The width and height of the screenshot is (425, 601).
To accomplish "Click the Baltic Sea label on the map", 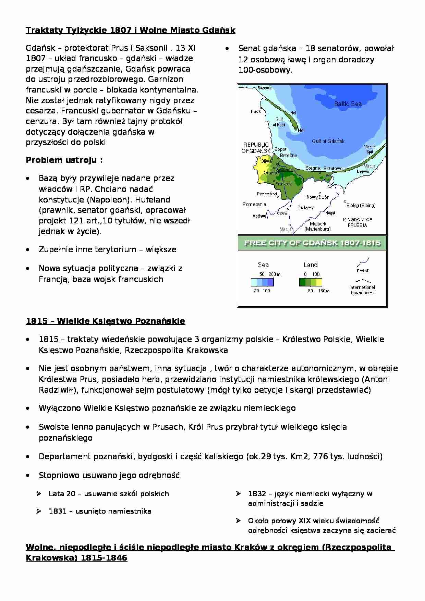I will pyautogui.click(x=348, y=103).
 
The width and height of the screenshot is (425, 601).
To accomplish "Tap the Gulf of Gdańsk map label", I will pyautogui.click(x=328, y=141).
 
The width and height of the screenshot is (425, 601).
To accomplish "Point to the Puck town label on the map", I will pyautogui.click(x=256, y=111).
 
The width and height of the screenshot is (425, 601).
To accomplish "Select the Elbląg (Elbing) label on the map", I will pyautogui.click(x=361, y=205).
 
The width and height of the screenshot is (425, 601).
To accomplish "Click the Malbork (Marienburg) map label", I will pyautogui.click(x=318, y=226).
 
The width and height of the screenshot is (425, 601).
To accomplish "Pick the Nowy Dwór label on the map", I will pyautogui.click(x=317, y=197).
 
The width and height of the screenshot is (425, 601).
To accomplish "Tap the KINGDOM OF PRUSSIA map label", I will pyautogui.click(x=357, y=222).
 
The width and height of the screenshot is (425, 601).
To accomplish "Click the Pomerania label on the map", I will pyautogui.click(x=254, y=204).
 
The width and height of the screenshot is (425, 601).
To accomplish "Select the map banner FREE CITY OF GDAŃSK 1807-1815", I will pyautogui.click(x=312, y=243).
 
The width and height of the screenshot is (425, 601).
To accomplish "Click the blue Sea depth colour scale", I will pyautogui.click(x=262, y=282).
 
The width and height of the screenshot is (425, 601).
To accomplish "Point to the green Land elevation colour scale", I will pyautogui.click(x=310, y=282).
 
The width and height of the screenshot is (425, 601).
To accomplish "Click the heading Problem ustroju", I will pyautogui.click(x=64, y=160).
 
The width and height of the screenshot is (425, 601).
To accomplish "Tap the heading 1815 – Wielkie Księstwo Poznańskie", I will pyautogui.click(x=105, y=321).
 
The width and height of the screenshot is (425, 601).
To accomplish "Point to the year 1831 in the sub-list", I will pyautogui.click(x=58, y=511).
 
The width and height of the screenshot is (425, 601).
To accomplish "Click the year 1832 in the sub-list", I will pyautogui.click(x=257, y=494).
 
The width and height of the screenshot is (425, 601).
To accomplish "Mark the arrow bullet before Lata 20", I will pyautogui.click(x=39, y=494).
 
